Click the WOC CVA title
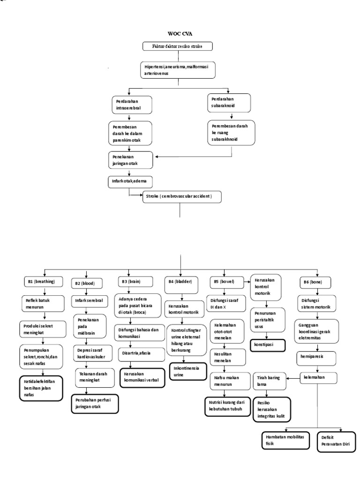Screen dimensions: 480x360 tap(180, 34)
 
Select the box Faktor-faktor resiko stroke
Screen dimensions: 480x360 tap(179, 46)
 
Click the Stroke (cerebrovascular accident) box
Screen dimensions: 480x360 tap(182, 197)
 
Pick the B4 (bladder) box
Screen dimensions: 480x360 tap(180, 282)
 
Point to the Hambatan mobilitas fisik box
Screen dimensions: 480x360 tap(283, 439)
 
